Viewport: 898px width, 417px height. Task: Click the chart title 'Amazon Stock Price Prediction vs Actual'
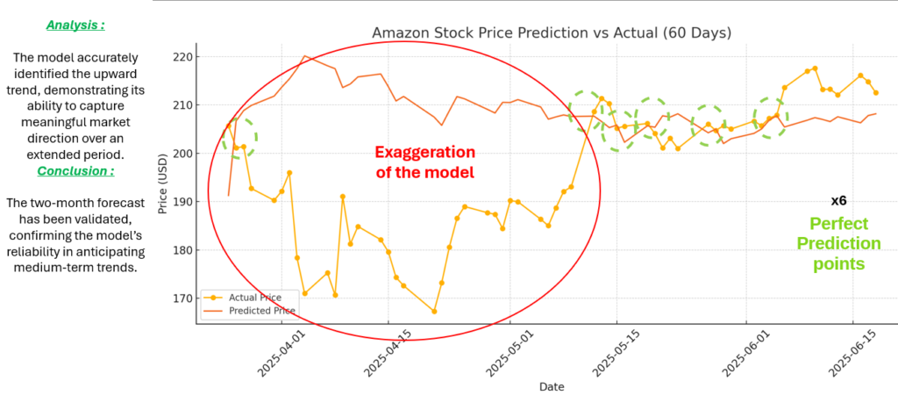pos(552,33)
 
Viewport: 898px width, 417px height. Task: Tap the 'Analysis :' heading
pos(75,25)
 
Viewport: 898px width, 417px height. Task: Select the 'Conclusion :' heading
pos(75,171)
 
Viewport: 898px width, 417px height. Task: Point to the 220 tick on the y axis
pos(187,57)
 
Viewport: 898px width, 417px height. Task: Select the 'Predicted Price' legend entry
pos(260,311)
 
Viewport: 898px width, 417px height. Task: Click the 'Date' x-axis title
pos(552,386)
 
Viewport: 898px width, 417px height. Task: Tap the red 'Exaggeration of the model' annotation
pos(424,162)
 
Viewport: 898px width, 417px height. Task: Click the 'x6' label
pos(838,201)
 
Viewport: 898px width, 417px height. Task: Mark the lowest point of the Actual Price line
pos(434,311)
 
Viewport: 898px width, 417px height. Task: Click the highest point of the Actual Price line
pos(815,68)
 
